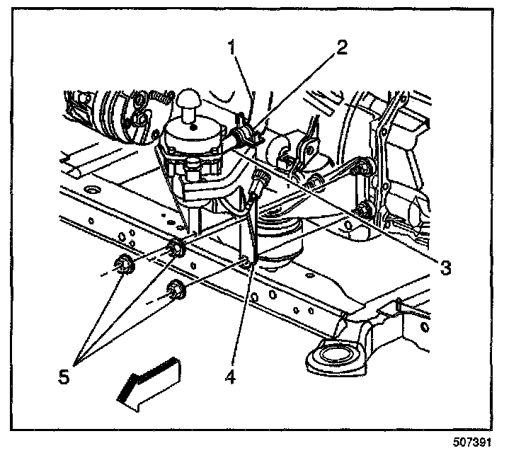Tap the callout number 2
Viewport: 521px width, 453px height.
[341, 49]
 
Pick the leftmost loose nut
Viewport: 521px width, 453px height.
[123, 265]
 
